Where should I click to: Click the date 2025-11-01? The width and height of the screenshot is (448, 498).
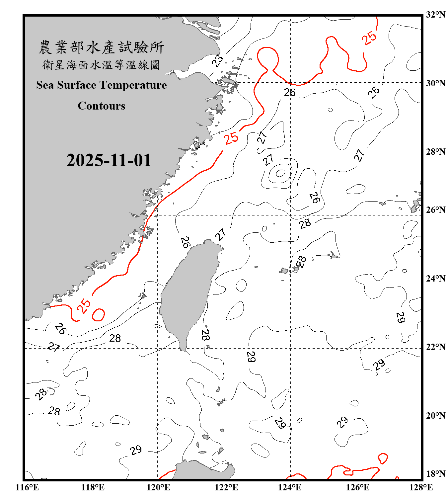point(109,160)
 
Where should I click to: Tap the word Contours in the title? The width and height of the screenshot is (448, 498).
point(102,106)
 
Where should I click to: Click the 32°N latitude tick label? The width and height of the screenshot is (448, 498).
point(435,15)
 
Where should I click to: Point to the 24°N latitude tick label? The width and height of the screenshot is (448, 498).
point(435,279)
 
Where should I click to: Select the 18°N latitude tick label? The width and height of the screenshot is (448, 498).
point(435,474)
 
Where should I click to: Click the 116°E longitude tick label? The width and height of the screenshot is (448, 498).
point(27,487)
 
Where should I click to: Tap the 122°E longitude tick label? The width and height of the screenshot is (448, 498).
point(226,487)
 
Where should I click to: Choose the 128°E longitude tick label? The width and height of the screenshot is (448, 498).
point(421,487)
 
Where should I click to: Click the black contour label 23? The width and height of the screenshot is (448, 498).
point(217,61)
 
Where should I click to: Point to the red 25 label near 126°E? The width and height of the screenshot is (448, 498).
point(369,38)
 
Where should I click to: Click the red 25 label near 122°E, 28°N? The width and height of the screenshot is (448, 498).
point(231,138)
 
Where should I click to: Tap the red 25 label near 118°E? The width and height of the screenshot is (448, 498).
point(84,306)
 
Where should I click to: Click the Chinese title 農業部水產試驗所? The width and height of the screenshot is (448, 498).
point(101,47)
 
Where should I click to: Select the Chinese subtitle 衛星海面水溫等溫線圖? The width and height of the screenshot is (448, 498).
point(101,65)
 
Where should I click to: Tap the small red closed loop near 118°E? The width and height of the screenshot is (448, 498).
point(98,315)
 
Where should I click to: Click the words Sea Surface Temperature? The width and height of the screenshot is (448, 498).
point(102,85)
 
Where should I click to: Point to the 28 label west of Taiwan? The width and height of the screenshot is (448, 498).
point(115,338)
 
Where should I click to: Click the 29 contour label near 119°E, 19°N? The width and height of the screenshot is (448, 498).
point(136,450)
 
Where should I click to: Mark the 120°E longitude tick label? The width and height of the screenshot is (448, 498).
point(158,487)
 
